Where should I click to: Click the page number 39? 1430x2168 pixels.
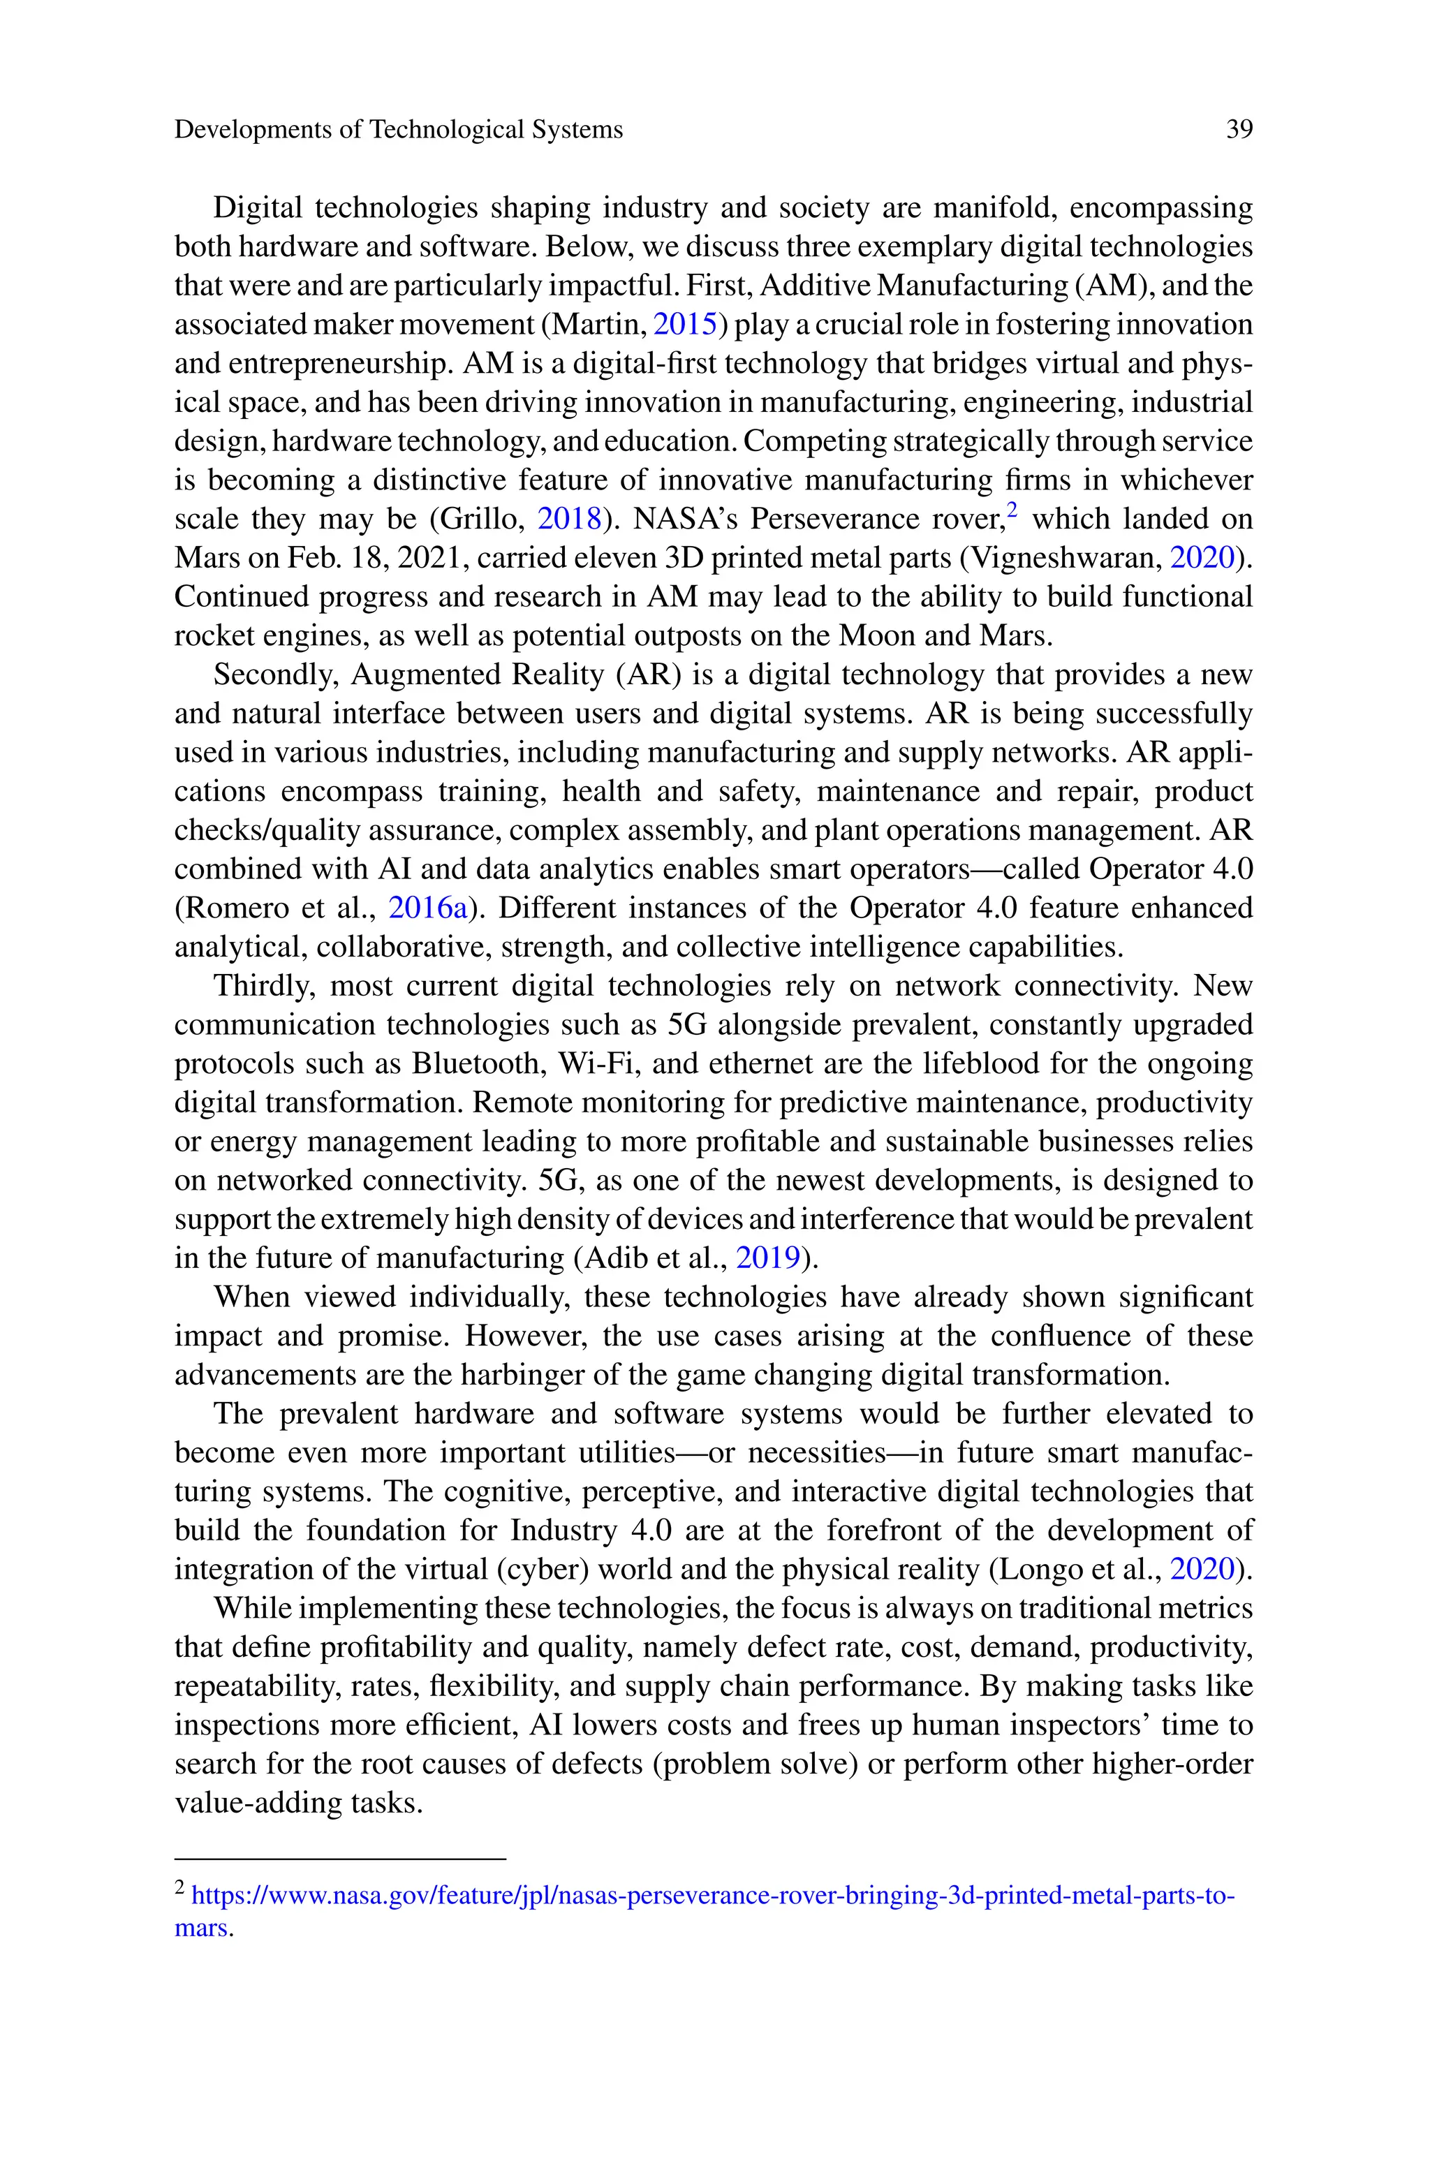tap(1239, 129)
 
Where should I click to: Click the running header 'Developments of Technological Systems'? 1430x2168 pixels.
tap(399, 129)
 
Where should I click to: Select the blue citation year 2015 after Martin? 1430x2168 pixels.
tap(686, 325)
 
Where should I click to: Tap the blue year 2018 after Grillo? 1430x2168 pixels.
tap(569, 519)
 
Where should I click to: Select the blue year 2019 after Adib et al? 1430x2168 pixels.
tap(768, 1258)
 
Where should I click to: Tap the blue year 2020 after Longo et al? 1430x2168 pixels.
tap(1201, 1569)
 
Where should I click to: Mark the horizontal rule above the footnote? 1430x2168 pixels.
tap(339, 1858)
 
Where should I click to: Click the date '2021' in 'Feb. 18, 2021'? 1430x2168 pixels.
tap(432, 558)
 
